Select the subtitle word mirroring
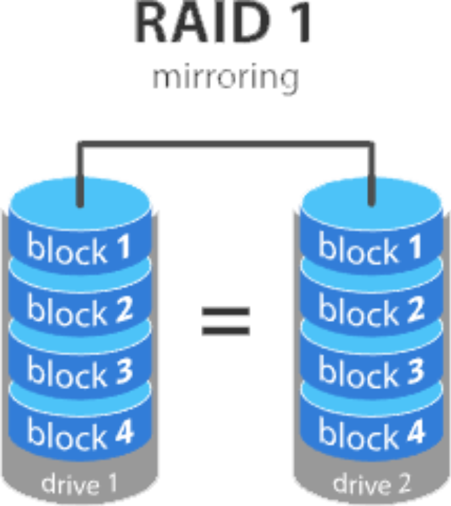click(x=225, y=77)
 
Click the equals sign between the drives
click(x=226, y=321)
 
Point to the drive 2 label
click(x=370, y=484)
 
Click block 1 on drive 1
click(x=80, y=249)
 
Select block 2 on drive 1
click(x=80, y=310)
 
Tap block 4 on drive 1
click(x=80, y=433)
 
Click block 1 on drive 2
click(x=370, y=248)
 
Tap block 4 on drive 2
click(x=370, y=433)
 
